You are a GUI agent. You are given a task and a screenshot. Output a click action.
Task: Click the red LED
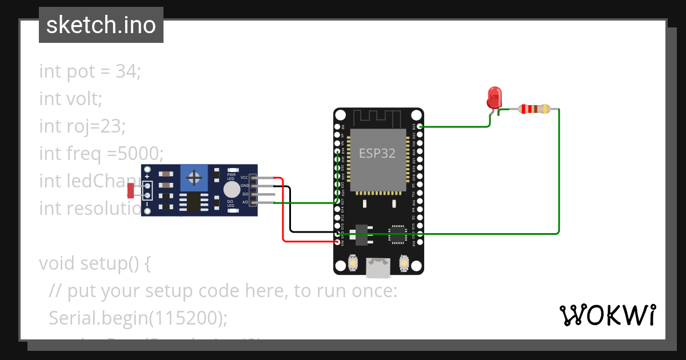tap(494, 98)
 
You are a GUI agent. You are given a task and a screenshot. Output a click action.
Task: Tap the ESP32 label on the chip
tap(377, 153)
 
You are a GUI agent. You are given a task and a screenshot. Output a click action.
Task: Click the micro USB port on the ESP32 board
tap(378, 267)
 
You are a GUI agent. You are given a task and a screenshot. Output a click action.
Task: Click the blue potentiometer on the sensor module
tap(194, 178)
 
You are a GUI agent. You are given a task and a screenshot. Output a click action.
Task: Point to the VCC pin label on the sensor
tap(244, 178)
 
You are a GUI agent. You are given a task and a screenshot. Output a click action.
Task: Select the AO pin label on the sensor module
tap(245, 202)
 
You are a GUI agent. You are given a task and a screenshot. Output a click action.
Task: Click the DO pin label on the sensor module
tap(245, 194)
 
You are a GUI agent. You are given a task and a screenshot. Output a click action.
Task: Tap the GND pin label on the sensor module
tap(244, 186)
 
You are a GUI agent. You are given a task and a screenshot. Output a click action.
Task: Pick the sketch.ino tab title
tap(101, 25)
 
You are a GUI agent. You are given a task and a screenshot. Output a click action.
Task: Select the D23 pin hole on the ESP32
tap(420, 126)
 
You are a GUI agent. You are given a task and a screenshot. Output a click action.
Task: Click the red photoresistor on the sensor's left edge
tap(131, 190)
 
